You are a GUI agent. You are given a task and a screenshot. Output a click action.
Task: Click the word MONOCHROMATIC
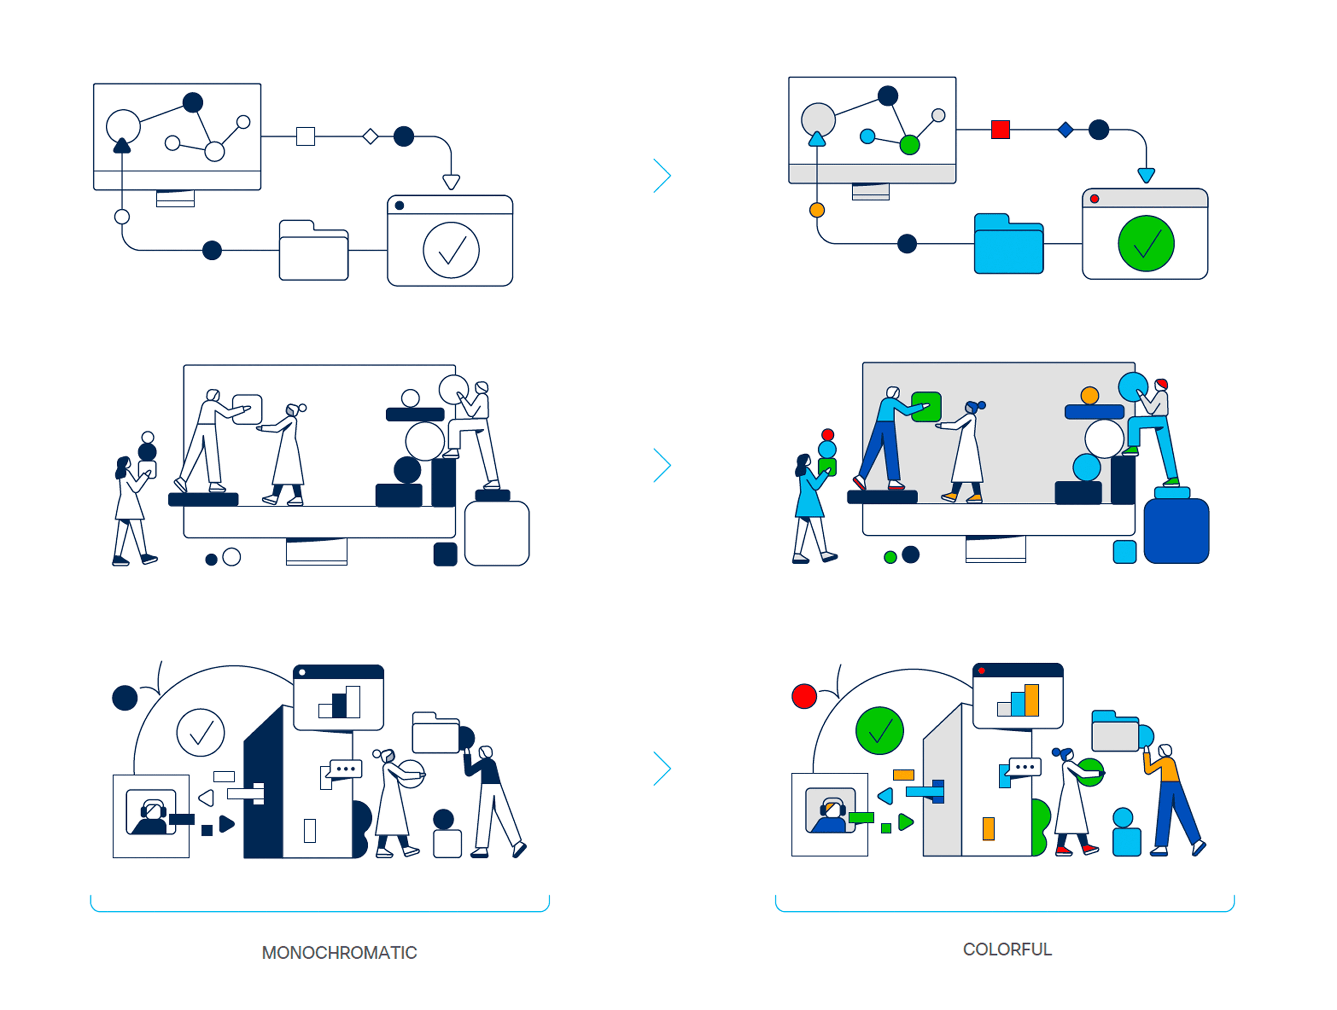pos(339,953)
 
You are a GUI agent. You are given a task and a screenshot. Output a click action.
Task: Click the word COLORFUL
pos(1007,949)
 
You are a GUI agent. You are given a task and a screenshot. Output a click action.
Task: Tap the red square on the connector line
pos(1000,129)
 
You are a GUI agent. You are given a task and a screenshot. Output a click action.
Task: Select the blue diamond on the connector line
pos(1066,129)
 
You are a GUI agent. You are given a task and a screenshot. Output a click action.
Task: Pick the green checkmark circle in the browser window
pos(1146,244)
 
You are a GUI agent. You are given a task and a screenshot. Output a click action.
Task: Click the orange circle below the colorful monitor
pos(816,210)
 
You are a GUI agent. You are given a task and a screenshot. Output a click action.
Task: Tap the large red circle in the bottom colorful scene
pos(804,696)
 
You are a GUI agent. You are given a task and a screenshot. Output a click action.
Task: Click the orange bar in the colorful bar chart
pos(1032,700)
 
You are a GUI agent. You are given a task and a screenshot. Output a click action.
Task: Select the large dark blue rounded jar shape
pos(1176,531)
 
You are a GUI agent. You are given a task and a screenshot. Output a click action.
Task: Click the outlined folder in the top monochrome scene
pos(313,251)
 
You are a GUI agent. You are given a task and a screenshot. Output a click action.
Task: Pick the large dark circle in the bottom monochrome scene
pos(125,698)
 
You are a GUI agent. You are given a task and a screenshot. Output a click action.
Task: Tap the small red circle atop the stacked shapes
pos(827,434)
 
